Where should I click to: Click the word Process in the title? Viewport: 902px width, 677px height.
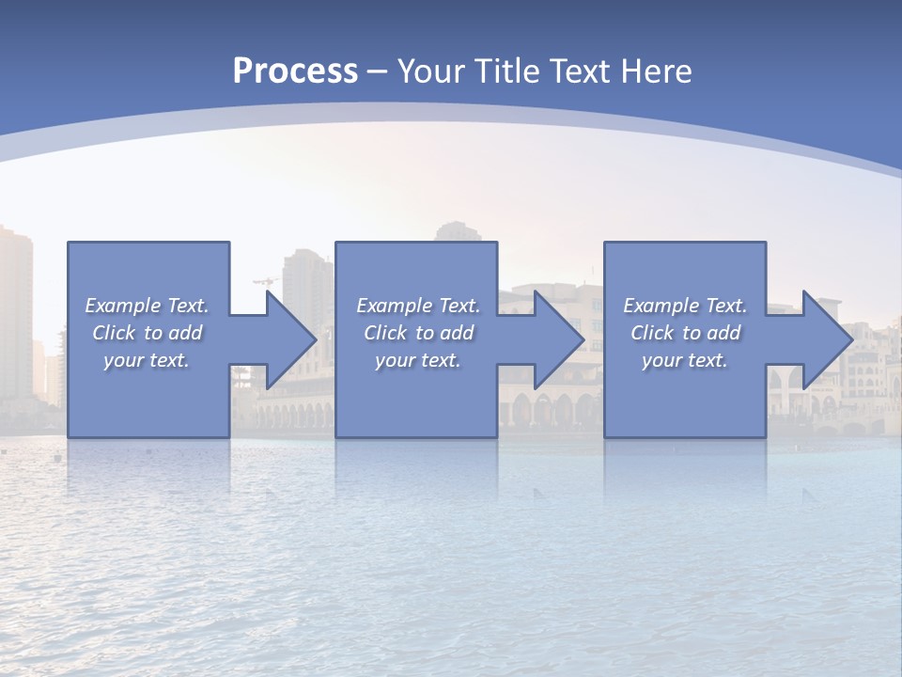coord(295,71)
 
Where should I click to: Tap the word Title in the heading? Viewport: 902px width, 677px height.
coord(507,71)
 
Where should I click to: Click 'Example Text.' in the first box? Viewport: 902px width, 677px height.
coord(148,306)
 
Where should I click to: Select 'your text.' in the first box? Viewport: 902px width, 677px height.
coord(148,360)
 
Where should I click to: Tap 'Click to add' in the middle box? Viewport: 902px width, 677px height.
coord(418,333)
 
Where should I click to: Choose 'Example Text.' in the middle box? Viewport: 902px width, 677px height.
coord(418,306)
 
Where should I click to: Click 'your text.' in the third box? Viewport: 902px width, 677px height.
coord(685,360)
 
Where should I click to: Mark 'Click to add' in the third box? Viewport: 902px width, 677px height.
coord(685,333)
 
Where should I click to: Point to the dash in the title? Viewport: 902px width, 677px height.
coord(378,71)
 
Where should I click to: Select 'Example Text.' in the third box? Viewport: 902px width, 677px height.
coord(685,306)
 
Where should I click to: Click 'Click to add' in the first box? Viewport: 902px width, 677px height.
coord(148,333)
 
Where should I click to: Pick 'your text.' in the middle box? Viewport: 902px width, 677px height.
coord(418,360)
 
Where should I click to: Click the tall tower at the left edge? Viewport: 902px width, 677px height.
coord(15,310)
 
